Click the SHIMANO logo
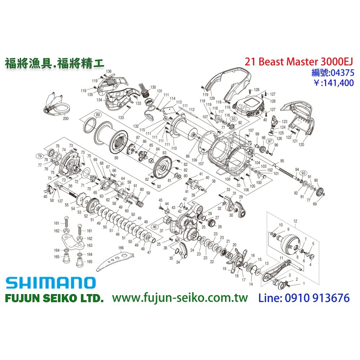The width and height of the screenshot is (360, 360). tap(50, 283)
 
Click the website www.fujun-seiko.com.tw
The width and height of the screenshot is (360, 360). tap(180, 298)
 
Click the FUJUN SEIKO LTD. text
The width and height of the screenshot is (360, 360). tap(54, 298)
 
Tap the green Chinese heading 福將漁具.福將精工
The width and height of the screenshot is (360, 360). tap(54, 63)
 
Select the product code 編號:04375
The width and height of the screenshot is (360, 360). tap(333, 73)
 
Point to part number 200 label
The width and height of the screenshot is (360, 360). tap(66, 118)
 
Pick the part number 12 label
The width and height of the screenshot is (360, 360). tap(295, 220)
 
